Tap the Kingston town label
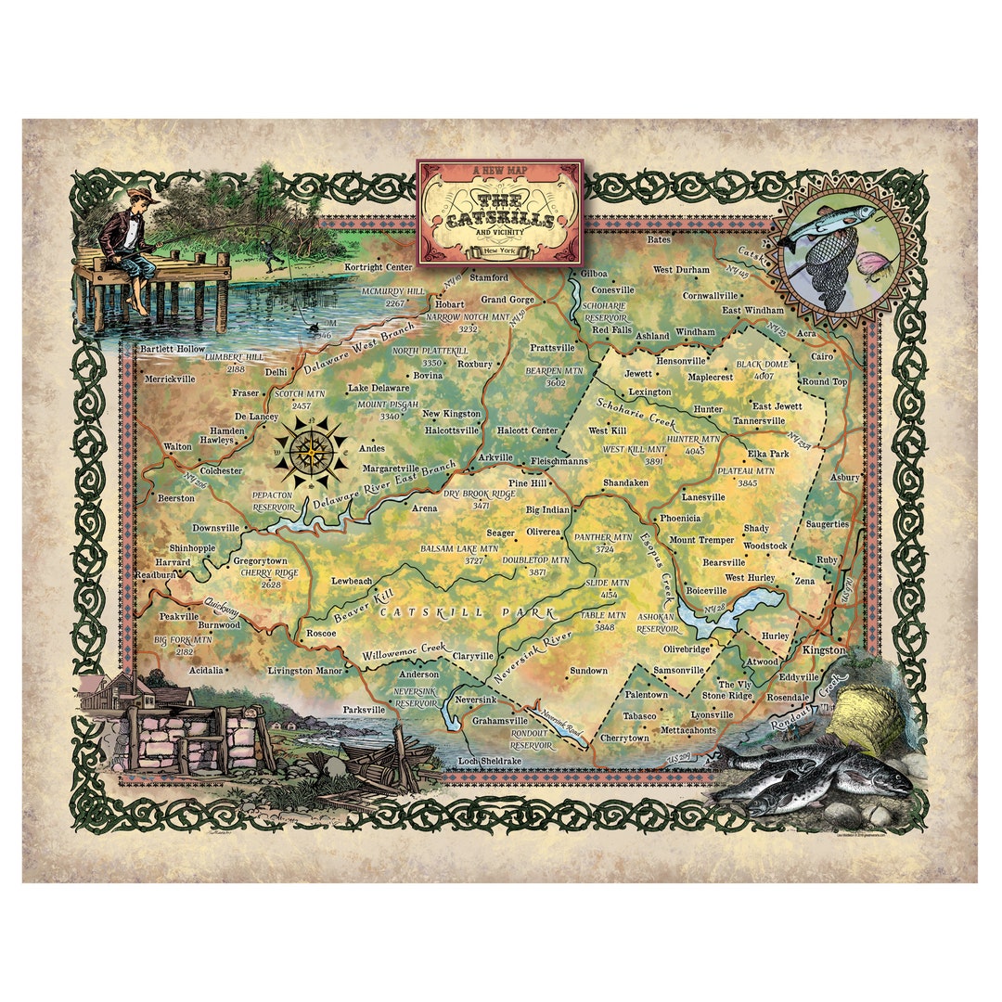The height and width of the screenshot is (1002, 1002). (x=824, y=650)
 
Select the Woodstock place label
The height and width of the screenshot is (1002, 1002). (x=764, y=546)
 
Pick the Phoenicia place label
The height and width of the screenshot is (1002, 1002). (x=680, y=518)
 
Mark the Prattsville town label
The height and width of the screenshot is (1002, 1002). (x=553, y=347)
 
